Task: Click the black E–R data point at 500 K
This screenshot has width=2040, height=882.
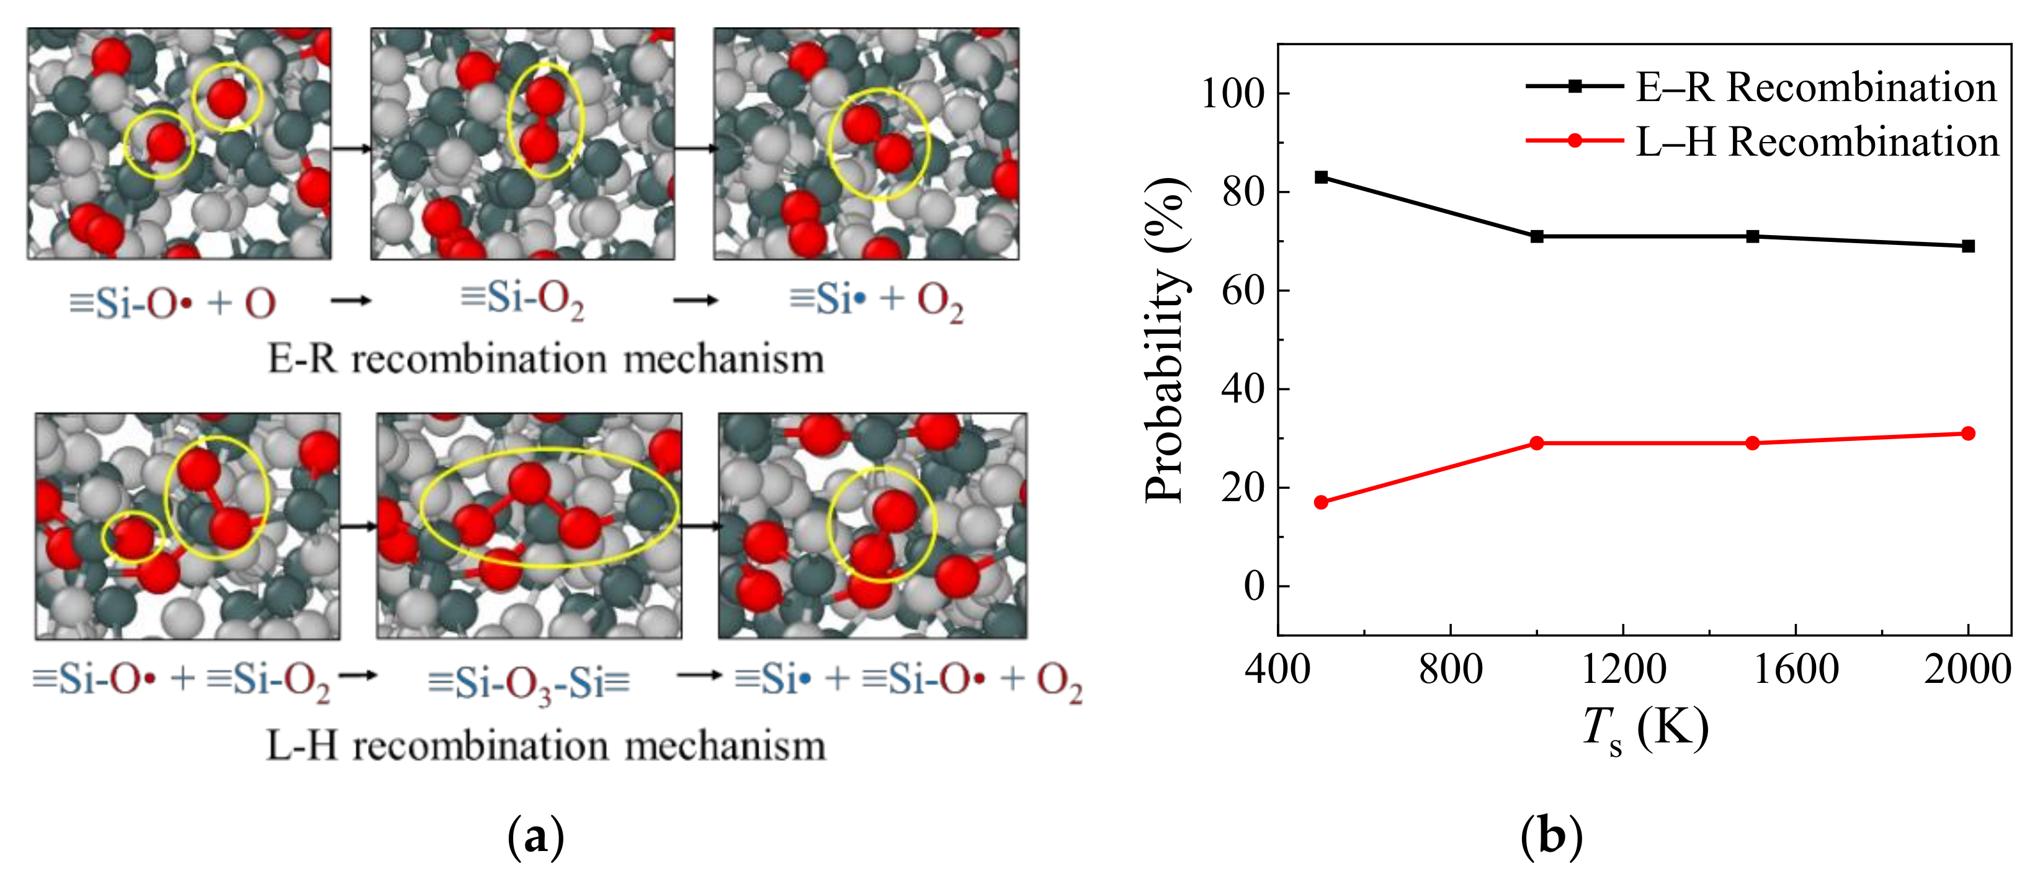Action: [1321, 177]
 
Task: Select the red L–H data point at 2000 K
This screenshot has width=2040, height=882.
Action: [1968, 433]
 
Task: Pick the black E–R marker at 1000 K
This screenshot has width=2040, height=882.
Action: [1537, 236]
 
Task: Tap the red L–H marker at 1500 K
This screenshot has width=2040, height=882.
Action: [1753, 443]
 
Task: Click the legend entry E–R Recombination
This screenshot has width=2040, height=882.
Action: [1815, 87]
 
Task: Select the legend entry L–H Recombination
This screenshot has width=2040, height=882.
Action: [1817, 141]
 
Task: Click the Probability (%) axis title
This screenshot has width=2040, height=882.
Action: [1166, 341]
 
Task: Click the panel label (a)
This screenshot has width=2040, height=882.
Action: [535, 836]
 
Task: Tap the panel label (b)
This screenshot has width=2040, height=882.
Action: [1551, 836]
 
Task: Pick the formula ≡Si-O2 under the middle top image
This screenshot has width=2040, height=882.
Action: [522, 300]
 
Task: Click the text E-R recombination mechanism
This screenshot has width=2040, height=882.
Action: [545, 359]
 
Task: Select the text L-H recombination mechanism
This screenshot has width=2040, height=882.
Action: [545, 745]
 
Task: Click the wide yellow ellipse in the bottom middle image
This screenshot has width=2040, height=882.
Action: [549, 507]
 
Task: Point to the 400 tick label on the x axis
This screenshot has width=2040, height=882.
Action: [1277, 670]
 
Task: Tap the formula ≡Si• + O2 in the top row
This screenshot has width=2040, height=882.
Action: [877, 300]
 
